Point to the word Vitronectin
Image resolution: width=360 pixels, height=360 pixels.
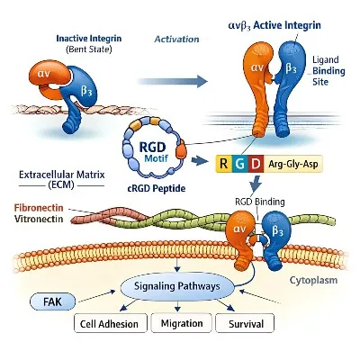tap(41, 220)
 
